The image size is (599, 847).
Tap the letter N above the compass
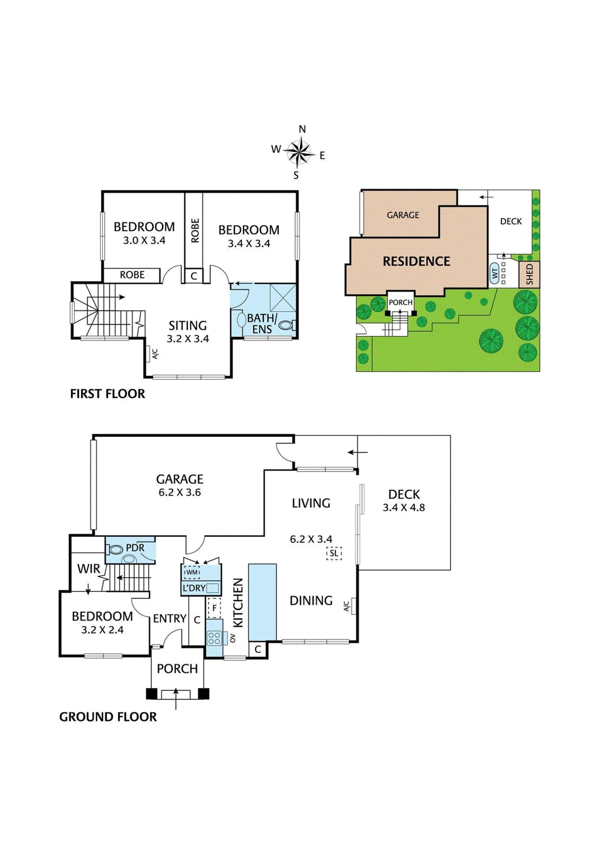[x=302, y=129]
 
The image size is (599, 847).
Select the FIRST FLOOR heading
[x=107, y=394]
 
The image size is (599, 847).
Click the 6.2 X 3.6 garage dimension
[x=180, y=492]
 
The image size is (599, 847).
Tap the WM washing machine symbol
[x=192, y=572]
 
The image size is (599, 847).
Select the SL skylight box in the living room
[x=334, y=553]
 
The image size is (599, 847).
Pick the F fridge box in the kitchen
[x=214, y=608]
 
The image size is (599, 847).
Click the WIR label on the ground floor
[x=89, y=569]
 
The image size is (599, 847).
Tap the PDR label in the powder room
[x=135, y=548]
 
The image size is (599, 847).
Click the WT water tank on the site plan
[x=494, y=273]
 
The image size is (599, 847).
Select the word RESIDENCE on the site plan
[x=416, y=262]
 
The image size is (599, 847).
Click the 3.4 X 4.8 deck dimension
[x=404, y=508]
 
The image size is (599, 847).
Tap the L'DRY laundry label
[x=194, y=588]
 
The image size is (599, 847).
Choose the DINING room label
[x=311, y=601]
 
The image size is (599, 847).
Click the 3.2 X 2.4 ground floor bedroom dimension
[x=102, y=630]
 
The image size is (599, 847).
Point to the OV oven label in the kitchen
[x=232, y=638]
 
